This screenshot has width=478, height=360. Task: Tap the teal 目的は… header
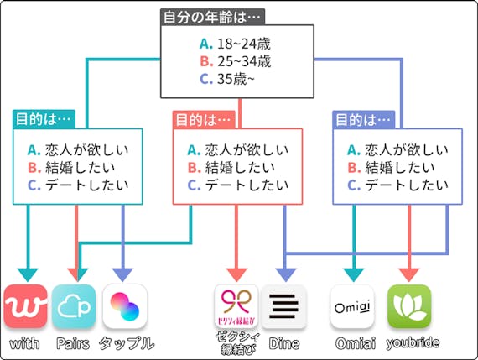[x=44, y=119]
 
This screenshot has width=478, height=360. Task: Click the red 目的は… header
[x=203, y=119]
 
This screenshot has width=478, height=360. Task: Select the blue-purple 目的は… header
[x=363, y=119]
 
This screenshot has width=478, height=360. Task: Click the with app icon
[x=25, y=307]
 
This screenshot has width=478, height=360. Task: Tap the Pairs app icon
[x=74, y=307]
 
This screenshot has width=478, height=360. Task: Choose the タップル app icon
[x=125, y=307]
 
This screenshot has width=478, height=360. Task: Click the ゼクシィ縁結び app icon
[x=236, y=307]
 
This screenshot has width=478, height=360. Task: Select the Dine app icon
[x=283, y=307]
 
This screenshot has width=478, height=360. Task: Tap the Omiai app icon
[x=352, y=307]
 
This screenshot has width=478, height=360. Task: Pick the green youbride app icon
[x=409, y=307]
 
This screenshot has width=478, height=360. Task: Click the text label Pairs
[x=74, y=343]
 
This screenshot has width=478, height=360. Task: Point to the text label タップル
[x=126, y=343]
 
